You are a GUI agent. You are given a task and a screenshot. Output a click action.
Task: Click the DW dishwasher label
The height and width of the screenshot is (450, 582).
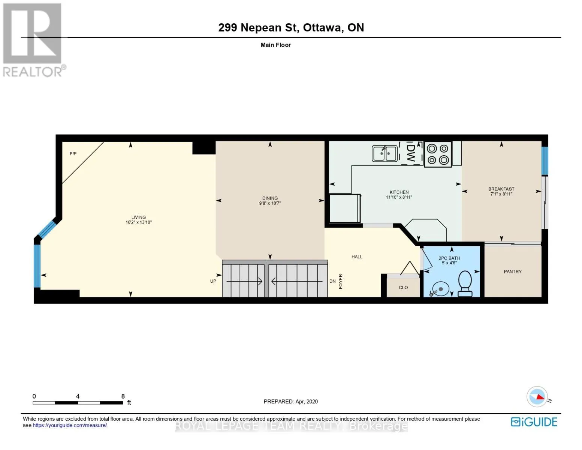[x=410, y=153]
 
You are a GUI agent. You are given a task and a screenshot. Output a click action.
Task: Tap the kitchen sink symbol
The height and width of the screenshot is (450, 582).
[x=385, y=153]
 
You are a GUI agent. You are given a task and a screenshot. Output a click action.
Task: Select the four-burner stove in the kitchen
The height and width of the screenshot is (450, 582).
[x=438, y=154]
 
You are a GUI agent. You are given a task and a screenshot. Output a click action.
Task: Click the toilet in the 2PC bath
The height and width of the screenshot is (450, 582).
[x=465, y=283]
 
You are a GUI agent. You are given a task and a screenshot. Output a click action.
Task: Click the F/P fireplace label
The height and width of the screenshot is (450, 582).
[x=73, y=154]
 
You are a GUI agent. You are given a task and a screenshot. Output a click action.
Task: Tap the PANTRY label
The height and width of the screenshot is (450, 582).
[x=512, y=271]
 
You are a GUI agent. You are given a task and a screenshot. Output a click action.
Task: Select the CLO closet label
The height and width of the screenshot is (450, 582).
[x=403, y=287]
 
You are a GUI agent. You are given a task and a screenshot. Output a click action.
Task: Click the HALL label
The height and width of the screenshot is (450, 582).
[x=357, y=257]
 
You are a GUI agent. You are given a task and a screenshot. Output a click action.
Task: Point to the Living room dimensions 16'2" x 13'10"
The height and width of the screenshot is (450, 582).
[x=138, y=222]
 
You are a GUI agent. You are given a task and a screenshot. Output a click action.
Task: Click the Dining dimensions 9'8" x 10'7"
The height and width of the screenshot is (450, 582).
[x=270, y=203]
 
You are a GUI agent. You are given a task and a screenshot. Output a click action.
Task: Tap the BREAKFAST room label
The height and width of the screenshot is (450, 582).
[x=501, y=189]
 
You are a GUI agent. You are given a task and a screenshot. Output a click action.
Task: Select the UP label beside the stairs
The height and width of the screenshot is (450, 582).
[x=213, y=281]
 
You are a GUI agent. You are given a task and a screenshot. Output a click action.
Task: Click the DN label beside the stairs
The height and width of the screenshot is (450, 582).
[x=332, y=281]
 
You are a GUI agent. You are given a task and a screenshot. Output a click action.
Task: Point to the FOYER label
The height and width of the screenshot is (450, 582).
[x=340, y=281]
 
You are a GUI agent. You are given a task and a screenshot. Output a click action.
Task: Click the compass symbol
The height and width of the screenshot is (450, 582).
[x=537, y=396]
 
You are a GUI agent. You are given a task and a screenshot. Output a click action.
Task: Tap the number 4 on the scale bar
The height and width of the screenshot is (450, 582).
[x=78, y=396]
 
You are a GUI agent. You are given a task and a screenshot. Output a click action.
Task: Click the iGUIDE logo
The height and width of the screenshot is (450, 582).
[x=534, y=422]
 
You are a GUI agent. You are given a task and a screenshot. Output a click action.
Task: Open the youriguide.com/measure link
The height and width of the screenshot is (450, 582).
[x=70, y=425]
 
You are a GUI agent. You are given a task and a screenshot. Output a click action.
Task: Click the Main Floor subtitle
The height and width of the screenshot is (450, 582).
[x=275, y=45]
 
